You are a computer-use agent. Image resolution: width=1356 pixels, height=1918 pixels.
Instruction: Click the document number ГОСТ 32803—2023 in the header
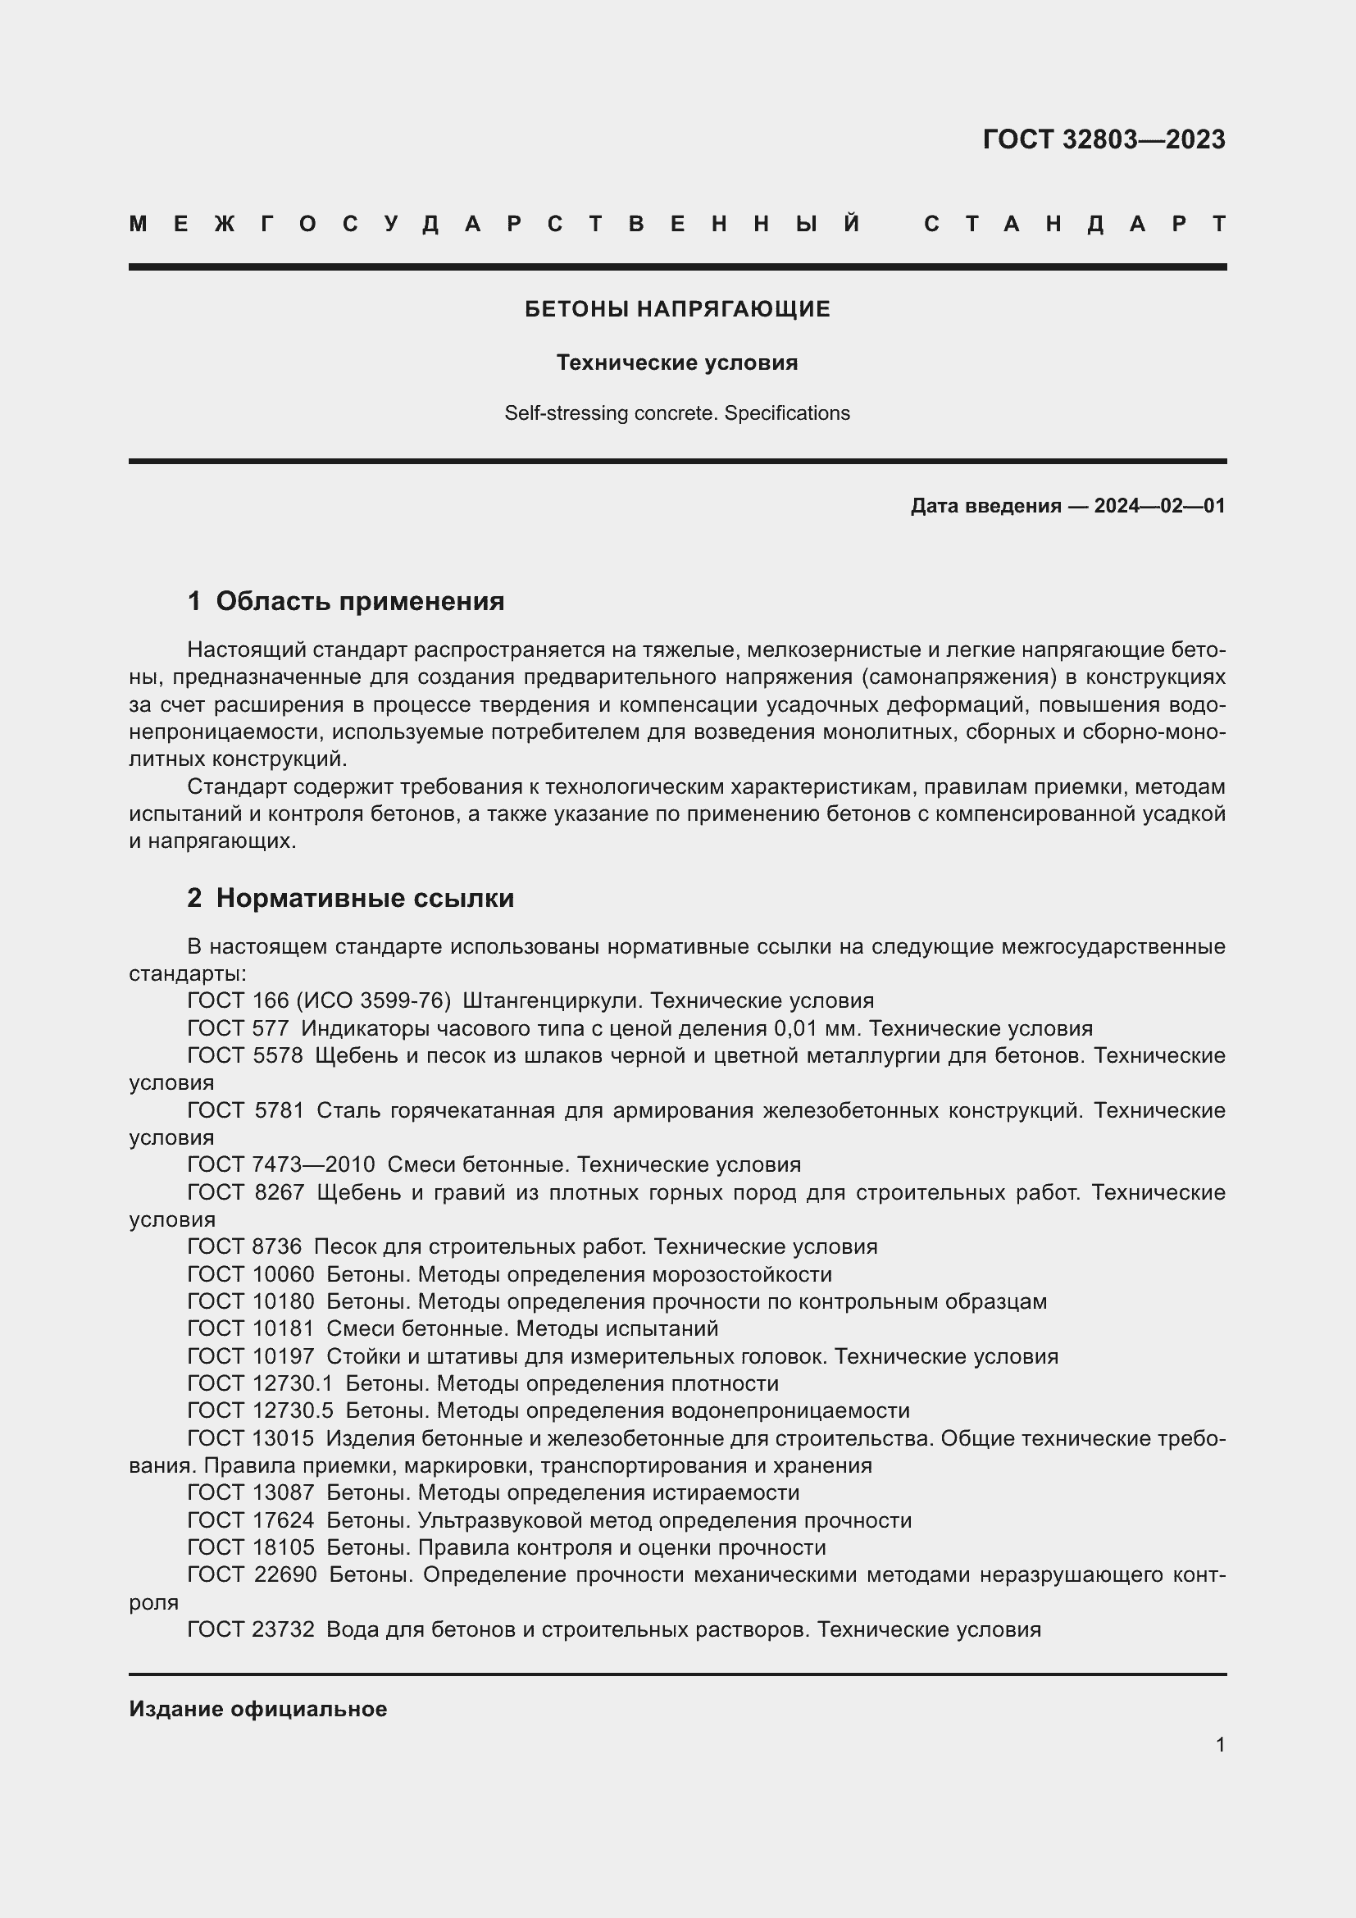[x=1103, y=139]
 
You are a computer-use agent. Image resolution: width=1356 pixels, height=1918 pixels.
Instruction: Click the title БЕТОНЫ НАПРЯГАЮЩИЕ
[x=677, y=309]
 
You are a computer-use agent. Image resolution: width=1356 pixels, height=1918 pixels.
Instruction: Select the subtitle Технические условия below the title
[x=677, y=362]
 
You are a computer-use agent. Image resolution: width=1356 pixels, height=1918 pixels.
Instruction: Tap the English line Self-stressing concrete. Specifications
[x=677, y=413]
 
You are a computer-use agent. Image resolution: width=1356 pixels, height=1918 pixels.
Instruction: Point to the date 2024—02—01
[x=1159, y=505]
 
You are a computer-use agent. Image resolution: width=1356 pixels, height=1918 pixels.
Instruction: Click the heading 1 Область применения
[x=346, y=601]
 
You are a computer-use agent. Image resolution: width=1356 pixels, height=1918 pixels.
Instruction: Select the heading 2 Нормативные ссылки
[x=351, y=898]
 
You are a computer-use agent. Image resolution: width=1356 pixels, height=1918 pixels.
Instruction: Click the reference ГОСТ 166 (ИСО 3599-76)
[x=319, y=1000]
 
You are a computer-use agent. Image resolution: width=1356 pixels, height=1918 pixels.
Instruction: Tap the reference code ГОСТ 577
[x=238, y=1028]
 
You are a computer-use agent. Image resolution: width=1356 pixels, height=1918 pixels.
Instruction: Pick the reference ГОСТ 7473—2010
[x=280, y=1164]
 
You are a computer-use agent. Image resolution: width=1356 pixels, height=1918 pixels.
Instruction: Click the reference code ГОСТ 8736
[x=243, y=1246]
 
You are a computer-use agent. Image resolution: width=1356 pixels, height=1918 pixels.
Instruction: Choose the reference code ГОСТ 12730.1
[x=260, y=1383]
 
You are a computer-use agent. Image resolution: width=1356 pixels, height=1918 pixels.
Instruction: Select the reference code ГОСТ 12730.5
[x=260, y=1411]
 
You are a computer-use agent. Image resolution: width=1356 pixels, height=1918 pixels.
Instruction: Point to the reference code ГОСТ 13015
[x=251, y=1438]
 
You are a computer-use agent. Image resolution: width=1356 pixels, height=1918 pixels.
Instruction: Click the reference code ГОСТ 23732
[x=251, y=1629]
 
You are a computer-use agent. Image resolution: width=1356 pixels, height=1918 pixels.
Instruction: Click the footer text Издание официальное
[x=257, y=1709]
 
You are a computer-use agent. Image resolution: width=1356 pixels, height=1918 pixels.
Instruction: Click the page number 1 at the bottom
[x=1220, y=1744]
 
